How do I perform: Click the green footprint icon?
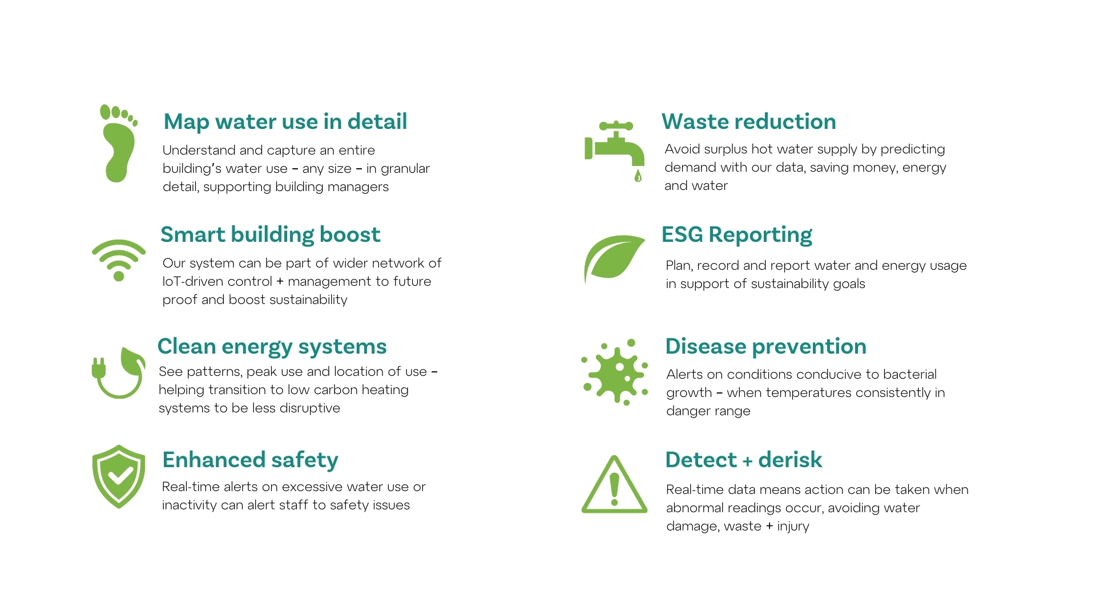point(118,145)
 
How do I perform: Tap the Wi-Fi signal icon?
point(119,260)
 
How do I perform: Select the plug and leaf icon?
point(119,374)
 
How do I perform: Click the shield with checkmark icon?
point(119,476)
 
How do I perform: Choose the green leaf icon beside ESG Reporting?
point(614,258)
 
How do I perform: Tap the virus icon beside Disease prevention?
point(615,372)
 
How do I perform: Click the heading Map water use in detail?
point(285,121)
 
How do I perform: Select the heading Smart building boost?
point(271,234)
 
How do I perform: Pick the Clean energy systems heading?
point(272,347)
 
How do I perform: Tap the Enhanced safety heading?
point(250,460)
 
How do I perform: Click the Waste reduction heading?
point(749,121)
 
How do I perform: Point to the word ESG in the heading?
point(682,234)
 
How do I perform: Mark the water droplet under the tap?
point(638,176)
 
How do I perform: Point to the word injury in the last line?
point(793,526)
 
